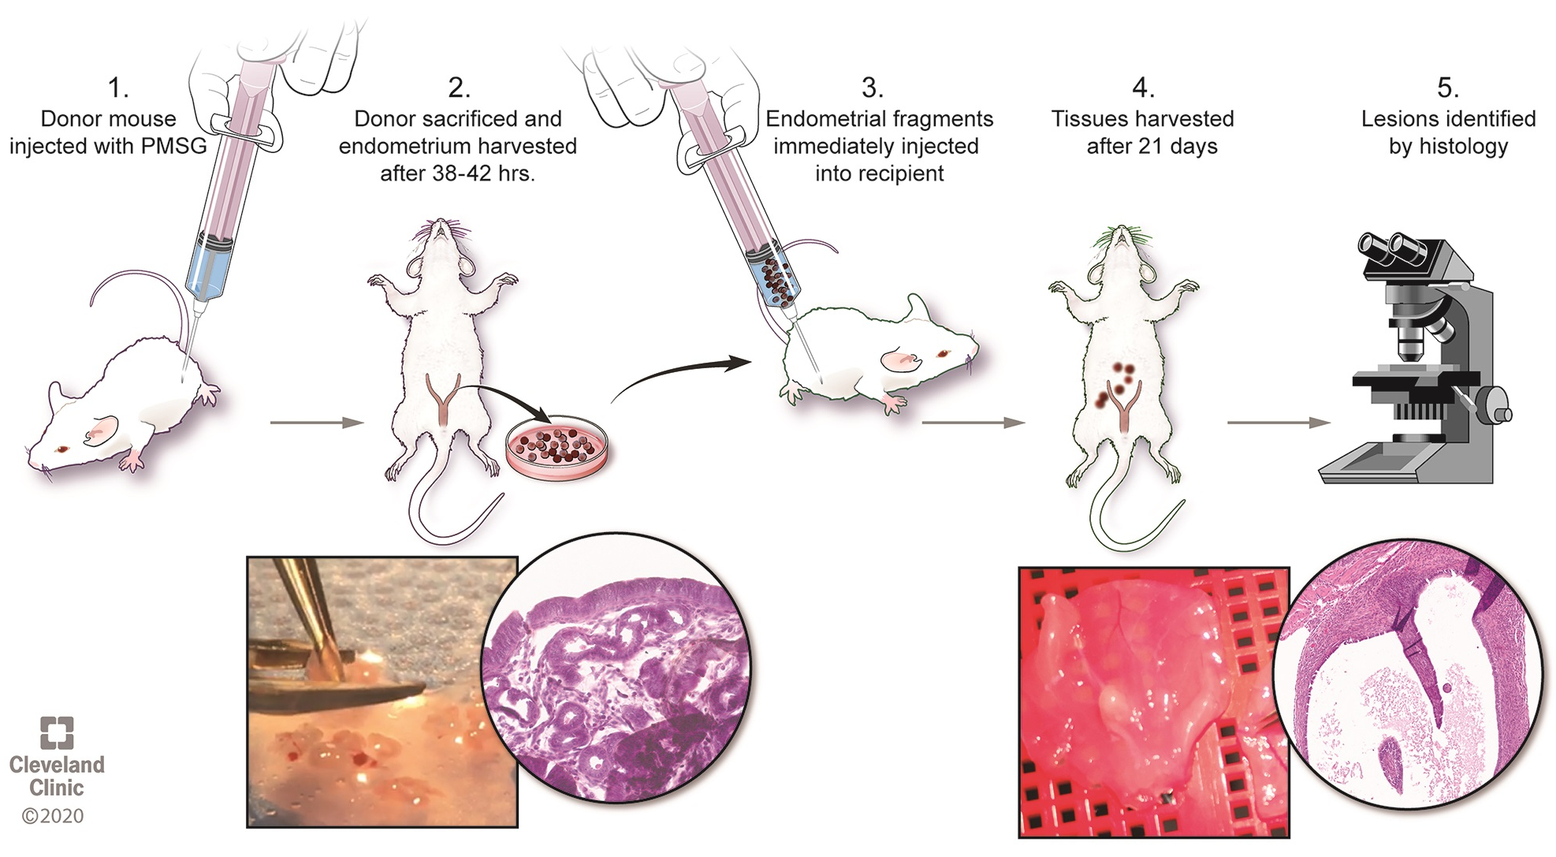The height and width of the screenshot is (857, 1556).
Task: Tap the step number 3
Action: coord(872,88)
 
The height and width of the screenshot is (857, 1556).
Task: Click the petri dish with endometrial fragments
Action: coord(557,447)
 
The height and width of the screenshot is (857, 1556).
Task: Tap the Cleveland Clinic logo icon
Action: coord(57,732)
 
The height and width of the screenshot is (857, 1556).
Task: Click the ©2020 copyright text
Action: coord(53,816)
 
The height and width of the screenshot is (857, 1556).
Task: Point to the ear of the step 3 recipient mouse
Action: coord(900,360)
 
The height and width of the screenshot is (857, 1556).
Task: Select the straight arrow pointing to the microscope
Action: coord(1277,423)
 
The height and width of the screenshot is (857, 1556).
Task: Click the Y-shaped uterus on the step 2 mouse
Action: coord(443,397)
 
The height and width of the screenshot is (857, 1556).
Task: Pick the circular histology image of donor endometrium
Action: coord(616,669)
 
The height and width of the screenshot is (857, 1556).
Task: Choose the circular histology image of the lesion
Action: coord(1408,674)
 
